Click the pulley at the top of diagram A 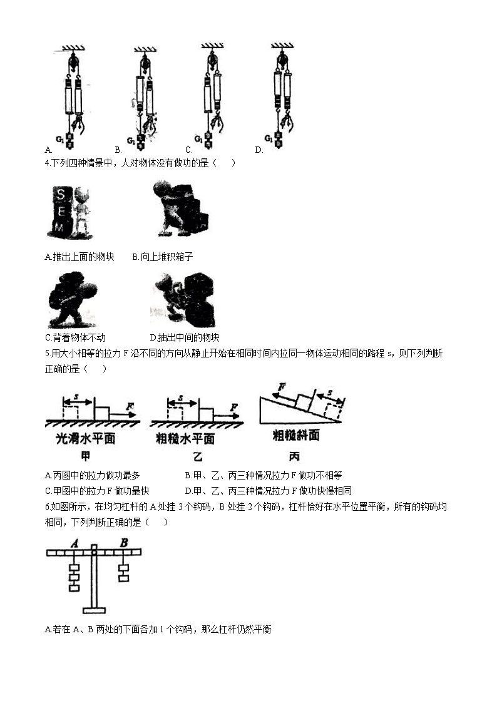73,62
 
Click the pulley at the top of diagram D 282,61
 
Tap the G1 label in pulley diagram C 198,139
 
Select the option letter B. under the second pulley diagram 118,150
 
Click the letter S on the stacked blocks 61,193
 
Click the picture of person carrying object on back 73,300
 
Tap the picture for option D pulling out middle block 183,300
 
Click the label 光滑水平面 86,439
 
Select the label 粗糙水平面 185,439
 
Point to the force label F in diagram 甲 130,407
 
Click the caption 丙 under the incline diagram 294,456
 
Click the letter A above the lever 74,543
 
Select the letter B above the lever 124,542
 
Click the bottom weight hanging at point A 74,587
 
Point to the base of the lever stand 94,610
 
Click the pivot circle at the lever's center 94,552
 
